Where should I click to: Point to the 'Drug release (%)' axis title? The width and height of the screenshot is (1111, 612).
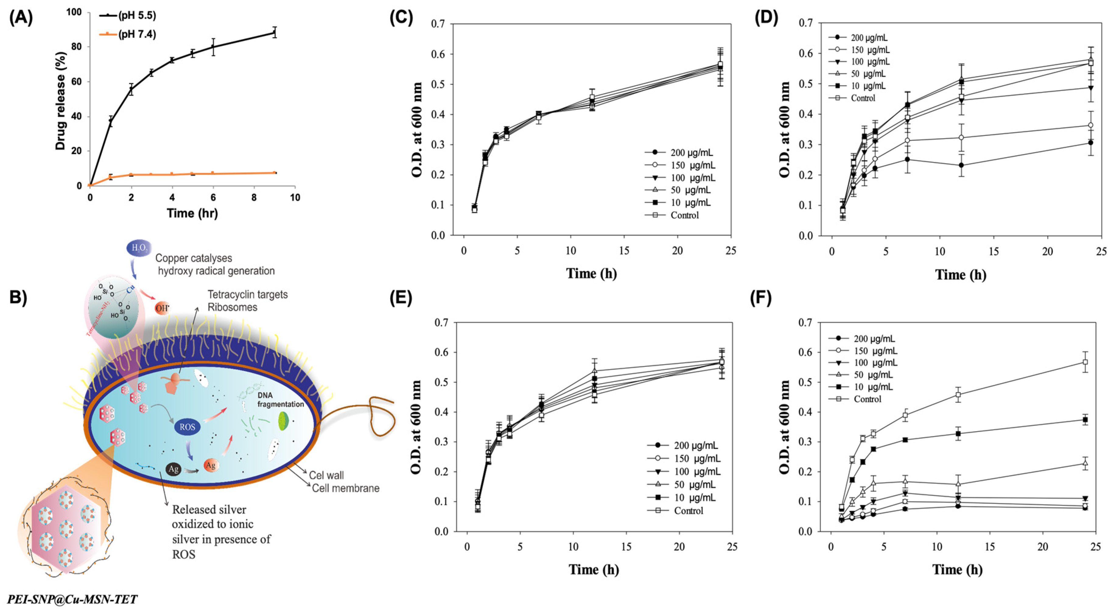pos(60,101)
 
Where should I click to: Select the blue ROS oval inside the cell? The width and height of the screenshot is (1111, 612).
pos(187,427)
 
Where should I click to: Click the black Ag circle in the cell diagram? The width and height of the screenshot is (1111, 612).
pos(173,469)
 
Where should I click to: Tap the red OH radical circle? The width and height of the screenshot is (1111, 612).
pos(162,308)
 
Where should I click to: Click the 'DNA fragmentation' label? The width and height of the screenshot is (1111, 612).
pos(280,400)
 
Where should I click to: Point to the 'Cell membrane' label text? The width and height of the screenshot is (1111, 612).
pos(345,488)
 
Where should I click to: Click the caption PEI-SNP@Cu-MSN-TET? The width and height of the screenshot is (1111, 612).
pos(72,600)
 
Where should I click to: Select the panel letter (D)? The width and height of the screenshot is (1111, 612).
pos(766,18)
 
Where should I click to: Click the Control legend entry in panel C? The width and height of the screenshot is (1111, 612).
pos(684,215)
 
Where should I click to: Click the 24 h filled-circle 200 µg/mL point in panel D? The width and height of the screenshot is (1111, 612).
pos(1090,143)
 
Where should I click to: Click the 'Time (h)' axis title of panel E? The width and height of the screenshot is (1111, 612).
pos(594,570)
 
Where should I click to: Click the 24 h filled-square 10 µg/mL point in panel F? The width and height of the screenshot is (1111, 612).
pos(1085,420)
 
